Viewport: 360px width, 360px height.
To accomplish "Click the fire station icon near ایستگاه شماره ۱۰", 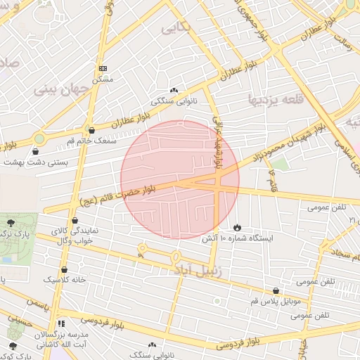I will click(x=238, y=228).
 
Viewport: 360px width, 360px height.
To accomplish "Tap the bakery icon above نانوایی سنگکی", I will click(x=174, y=90).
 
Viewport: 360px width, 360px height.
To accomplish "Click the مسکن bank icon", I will click(x=104, y=68).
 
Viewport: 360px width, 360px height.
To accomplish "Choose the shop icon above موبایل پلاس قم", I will click(x=275, y=290).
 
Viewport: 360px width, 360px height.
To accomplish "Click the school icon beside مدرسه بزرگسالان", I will click(x=62, y=324).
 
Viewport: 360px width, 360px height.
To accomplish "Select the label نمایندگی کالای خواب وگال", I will click(x=77, y=236).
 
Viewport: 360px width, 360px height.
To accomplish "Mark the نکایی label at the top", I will click(x=175, y=27).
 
